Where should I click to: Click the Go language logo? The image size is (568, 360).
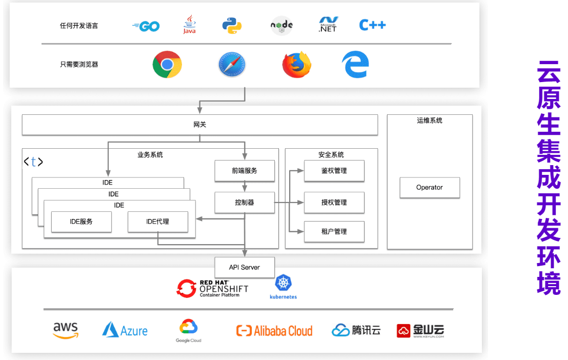(146, 26)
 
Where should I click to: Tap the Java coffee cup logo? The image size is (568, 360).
(190, 25)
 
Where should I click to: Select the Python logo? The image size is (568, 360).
(232, 25)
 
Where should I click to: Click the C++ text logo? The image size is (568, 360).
(372, 25)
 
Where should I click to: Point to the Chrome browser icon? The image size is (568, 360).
(167, 65)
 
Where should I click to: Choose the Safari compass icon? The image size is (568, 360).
(232, 65)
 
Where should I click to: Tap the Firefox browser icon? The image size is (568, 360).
(297, 65)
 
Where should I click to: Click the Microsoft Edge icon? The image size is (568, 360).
(355, 65)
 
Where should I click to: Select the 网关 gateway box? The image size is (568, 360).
(200, 125)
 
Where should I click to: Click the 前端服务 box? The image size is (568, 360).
(244, 171)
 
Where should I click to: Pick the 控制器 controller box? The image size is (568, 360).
(244, 203)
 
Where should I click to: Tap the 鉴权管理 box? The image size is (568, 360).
(334, 171)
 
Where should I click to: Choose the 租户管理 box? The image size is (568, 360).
(334, 232)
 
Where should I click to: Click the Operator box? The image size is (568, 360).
(430, 188)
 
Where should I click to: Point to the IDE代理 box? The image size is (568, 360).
(158, 222)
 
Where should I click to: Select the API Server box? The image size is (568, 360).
(245, 267)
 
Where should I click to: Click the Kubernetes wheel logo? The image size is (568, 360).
(283, 283)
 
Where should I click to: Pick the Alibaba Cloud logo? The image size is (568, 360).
(274, 331)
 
